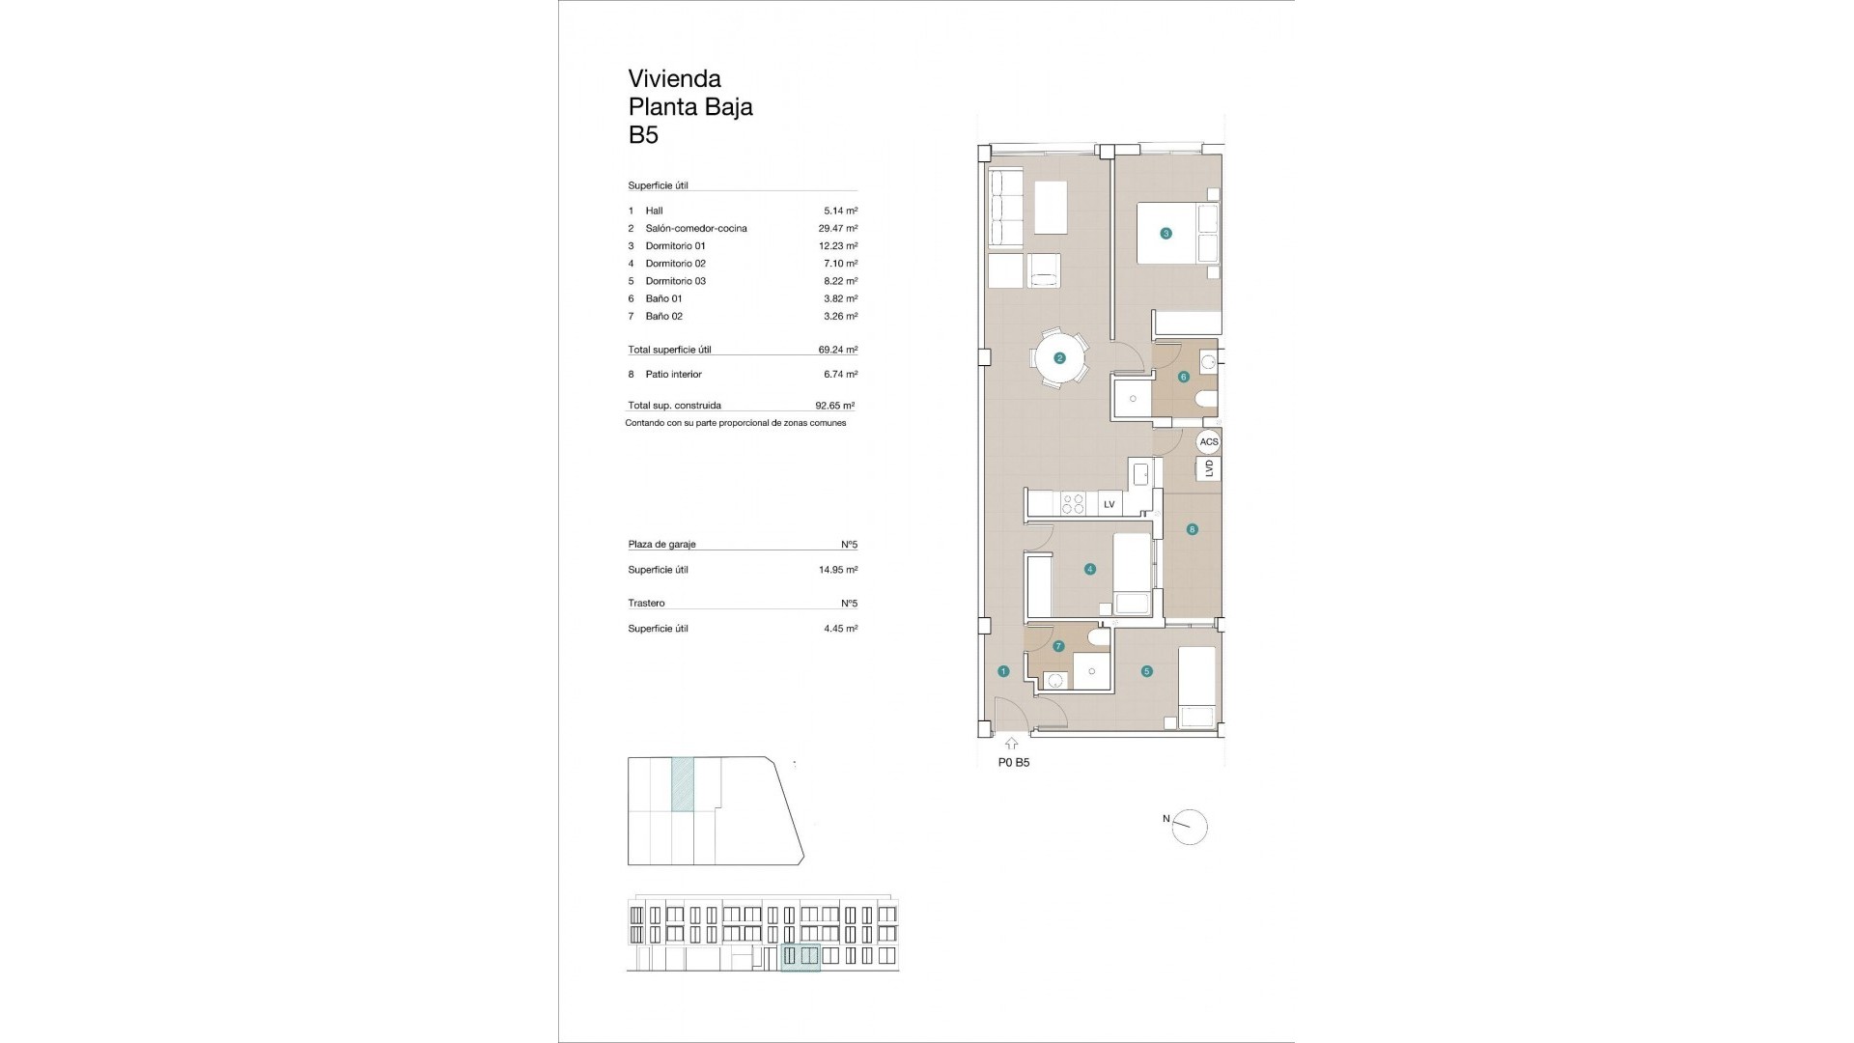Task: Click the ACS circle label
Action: [1208, 441]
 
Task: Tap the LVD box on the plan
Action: [1208, 468]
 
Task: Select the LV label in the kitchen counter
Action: [1109, 504]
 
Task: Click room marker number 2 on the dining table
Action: [1059, 358]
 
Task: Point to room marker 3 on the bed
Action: [1166, 233]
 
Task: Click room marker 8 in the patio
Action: [1193, 529]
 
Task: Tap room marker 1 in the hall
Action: [1003, 671]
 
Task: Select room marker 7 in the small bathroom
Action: [1058, 647]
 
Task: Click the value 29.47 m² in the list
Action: [837, 229]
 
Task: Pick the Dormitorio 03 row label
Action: [675, 281]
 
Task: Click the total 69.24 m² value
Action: [837, 350]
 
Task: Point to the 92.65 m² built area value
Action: [834, 406]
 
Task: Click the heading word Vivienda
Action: [674, 78]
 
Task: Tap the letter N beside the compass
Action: [1166, 819]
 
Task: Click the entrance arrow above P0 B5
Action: [1011, 744]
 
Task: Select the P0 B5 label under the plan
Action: [1013, 762]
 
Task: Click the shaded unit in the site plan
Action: [682, 784]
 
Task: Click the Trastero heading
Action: [646, 603]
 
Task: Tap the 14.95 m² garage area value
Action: [837, 570]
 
